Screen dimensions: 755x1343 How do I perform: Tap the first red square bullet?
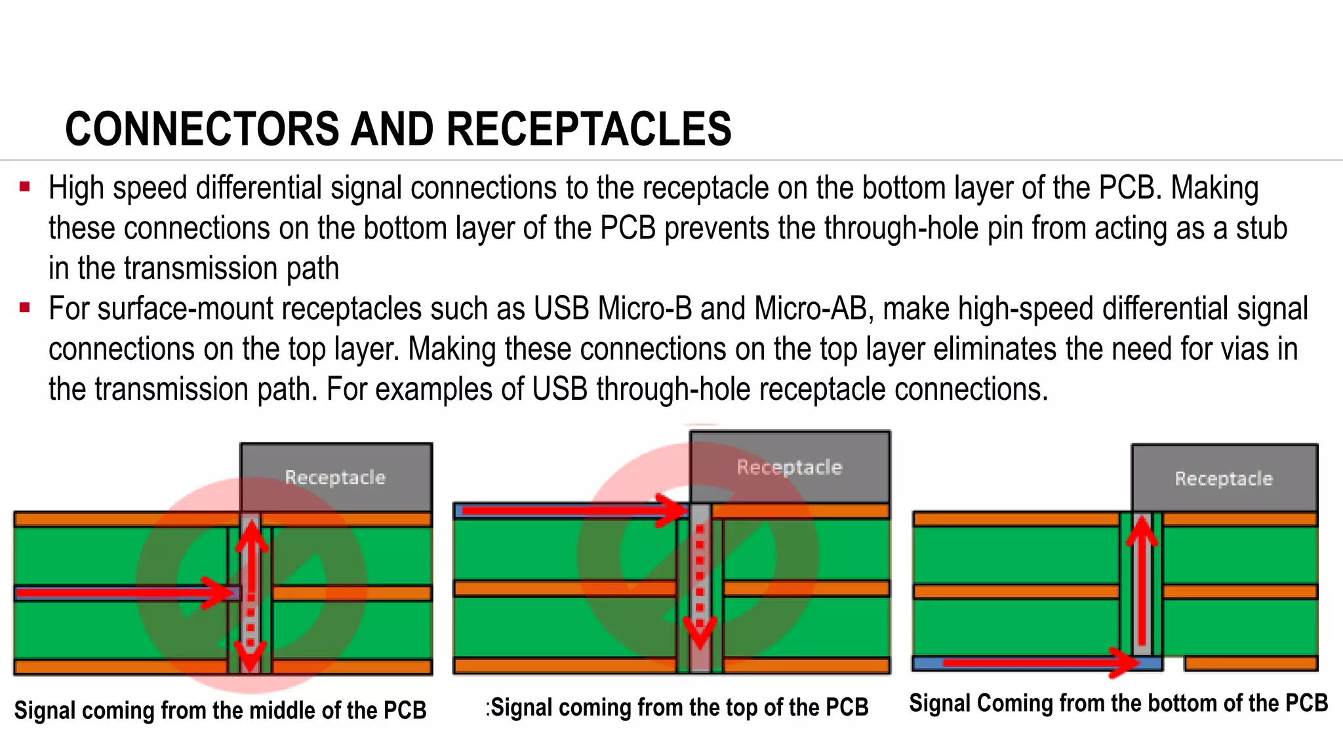(x=25, y=187)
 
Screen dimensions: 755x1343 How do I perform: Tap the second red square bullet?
(x=25, y=308)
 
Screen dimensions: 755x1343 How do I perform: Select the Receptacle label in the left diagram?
(x=335, y=477)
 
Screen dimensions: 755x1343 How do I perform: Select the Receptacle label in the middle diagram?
(x=789, y=467)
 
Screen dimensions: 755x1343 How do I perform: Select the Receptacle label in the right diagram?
(x=1223, y=478)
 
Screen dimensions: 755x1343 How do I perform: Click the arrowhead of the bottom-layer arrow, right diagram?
(x=1123, y=663)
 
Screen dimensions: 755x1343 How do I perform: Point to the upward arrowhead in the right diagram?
(x=1142, y=531)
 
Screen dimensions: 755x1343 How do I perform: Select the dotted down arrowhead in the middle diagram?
(x=700, y=633)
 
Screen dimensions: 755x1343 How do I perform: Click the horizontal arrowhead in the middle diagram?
(x=672, y=511)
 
